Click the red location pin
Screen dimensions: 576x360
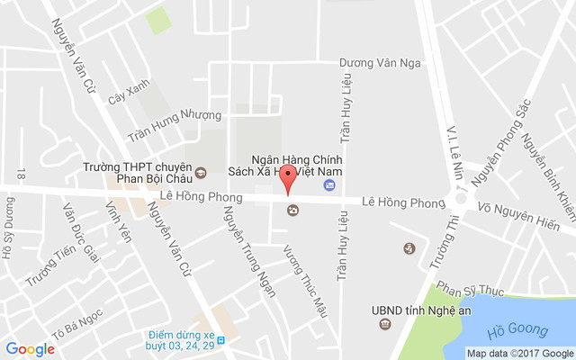click(287, 176)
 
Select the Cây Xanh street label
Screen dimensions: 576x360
click(128, 94)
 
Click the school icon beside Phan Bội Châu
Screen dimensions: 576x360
click(201, 173)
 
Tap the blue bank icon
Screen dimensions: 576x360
click(329, 185)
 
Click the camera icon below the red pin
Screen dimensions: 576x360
click(292, 211)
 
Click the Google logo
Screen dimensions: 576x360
click(30, 349)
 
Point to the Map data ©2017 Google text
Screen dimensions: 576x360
click(519, 353)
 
